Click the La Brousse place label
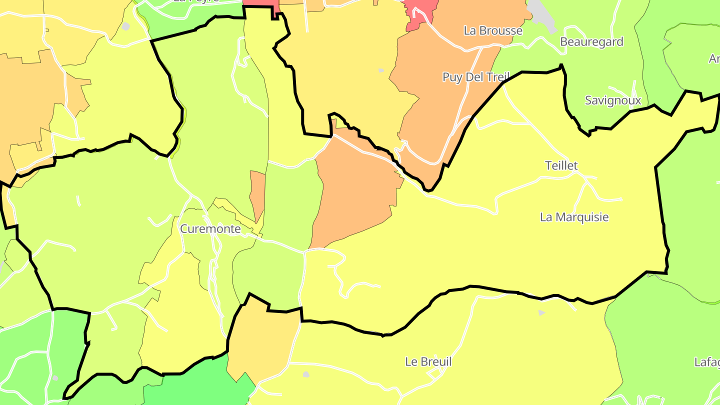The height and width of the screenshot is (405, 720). coord(492,30)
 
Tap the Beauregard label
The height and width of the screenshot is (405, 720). coord(591,41)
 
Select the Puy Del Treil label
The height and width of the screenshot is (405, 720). coord(475,77)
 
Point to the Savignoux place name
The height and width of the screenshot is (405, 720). coord(612,100)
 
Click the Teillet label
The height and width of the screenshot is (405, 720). coord(561,165)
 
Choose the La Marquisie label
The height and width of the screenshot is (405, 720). coord(574,217)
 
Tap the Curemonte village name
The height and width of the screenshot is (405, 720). coord(210,229)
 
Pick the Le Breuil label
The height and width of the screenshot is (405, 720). coord(428,361)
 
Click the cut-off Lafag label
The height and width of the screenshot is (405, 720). coord(707,361)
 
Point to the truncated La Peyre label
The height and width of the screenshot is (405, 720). coord(196,1)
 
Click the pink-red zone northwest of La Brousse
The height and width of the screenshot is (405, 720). coord(419,12)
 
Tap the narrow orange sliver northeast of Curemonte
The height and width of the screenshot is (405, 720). coord(257,195)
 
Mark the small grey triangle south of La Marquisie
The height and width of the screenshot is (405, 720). coord(541,312)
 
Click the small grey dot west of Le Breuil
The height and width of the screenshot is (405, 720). coord(306,374)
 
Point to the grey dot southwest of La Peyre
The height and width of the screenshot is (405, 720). coord(125,26)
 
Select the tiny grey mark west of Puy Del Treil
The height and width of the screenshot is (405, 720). coord(381,70)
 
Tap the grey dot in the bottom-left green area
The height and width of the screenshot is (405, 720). coord(55,378)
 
